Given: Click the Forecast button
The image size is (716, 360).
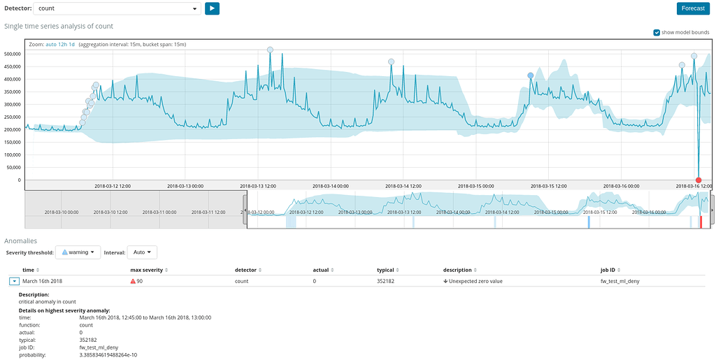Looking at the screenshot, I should (693, 8).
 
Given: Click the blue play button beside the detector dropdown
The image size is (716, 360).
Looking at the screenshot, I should (212, 8).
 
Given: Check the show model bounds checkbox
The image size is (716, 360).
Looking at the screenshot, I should (657, 32).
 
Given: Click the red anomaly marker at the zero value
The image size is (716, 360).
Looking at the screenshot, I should (699, 180).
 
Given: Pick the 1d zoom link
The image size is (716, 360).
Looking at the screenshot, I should (71, 44).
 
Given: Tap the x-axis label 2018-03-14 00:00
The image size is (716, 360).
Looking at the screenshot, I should (330, 186).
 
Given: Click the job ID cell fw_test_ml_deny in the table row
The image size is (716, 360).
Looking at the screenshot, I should (620, 281).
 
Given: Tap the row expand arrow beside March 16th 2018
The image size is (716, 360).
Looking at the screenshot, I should (14, 281).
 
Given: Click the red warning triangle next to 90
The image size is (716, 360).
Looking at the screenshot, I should (133, 281).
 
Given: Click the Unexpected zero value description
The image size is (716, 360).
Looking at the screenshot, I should (475, 281).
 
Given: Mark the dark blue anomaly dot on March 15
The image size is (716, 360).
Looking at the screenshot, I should (531, 75).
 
